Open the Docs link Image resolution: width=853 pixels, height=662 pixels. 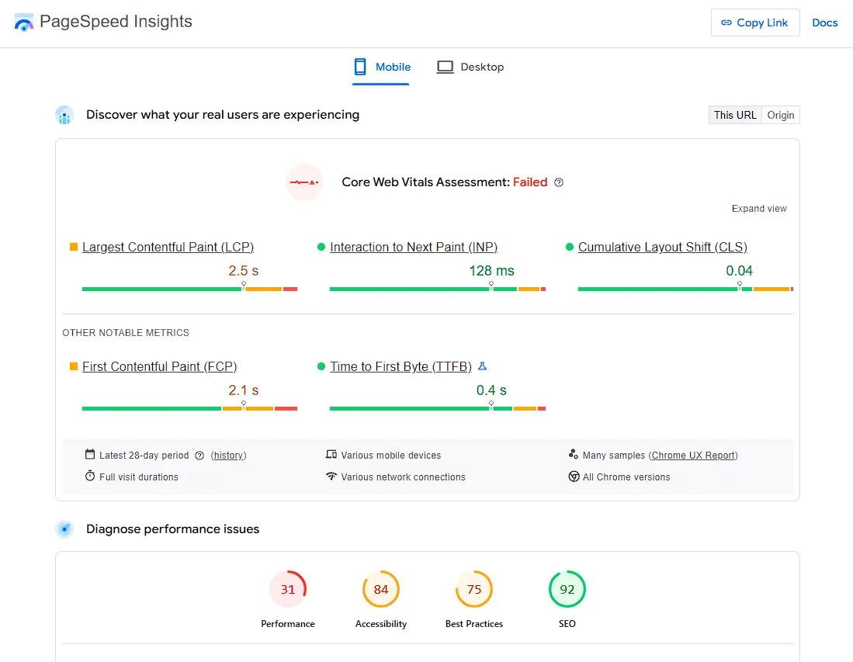tap(824, 23)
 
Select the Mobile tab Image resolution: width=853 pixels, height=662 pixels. tap(382, 68)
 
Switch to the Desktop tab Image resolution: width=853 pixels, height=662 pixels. tap(470, 68)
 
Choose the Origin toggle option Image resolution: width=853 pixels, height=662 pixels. tap(780, 115)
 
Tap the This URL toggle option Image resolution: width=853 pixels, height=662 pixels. tap(735, 115)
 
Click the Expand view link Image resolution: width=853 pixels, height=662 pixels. tap(758, 209)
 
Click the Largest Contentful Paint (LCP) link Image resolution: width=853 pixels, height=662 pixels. tap(168, 248)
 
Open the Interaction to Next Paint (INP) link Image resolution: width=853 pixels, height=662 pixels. tap(414, 248)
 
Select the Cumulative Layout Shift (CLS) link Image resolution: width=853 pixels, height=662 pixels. tap(662, 248)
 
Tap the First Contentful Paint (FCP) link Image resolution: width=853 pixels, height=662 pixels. tap(159, 367)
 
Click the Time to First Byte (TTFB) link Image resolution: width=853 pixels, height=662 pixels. tap(400, 367)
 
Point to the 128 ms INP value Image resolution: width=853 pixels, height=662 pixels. tap(491, 271)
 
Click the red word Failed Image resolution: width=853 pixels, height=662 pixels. tap(530, 182)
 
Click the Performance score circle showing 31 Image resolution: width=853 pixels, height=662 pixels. tap(288, 590)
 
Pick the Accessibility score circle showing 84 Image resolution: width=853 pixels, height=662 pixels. tap(381, 590)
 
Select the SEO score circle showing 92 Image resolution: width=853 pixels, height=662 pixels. tap(567, 590)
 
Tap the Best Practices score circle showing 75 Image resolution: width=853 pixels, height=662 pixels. tap(474, 590)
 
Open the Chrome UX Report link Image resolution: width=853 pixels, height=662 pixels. tap(694, 456)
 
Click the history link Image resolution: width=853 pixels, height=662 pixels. tap(229, 456)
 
